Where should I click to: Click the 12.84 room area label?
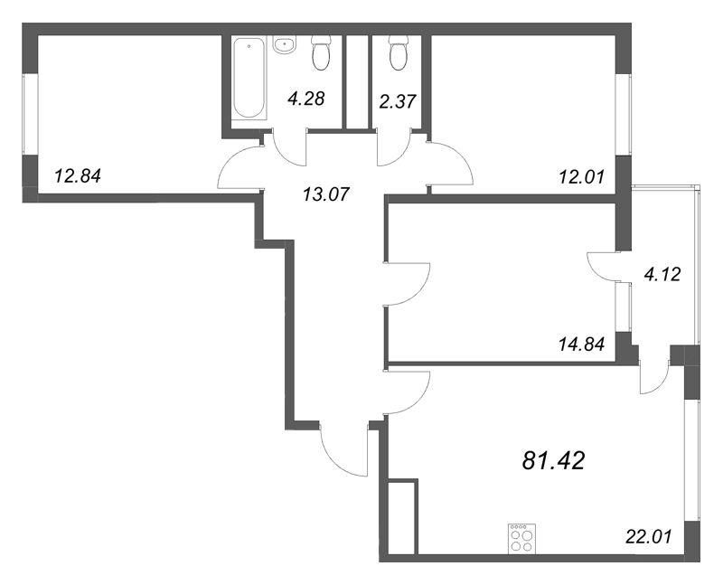tap(78, 176)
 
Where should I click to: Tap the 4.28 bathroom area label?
tap(306, 99)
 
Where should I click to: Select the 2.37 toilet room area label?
tap(398, 101)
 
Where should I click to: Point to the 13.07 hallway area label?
tap(326, 193)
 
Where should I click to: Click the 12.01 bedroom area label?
tap(581, 176)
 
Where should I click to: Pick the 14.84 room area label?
tap(581, 344)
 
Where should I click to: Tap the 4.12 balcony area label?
tap(662, 275)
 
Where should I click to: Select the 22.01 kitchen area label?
tap(649, 536)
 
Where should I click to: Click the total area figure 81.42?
tap(553, 460)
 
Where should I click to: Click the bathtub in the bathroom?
tap(249, 78)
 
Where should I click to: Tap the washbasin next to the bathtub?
tap(285, 45)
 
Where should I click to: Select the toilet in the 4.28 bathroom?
tap(321, 53)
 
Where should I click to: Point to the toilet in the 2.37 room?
tap(399, 53)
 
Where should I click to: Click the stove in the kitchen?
tap(521, 539)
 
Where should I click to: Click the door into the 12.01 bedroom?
tap(451, 165)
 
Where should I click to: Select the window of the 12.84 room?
tap(30, 114)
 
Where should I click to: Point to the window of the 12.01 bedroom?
tap(624, 115)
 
